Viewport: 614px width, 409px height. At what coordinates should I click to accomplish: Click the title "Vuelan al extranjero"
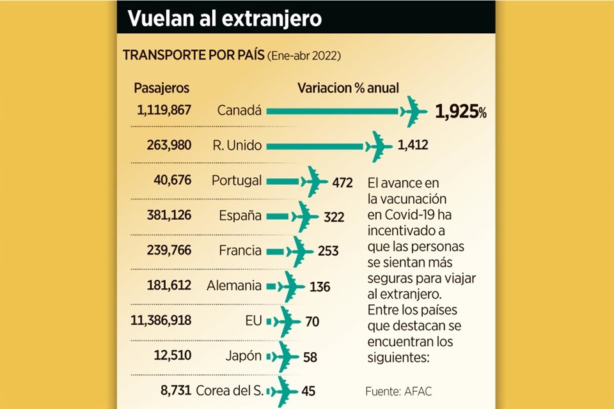pos(224,18)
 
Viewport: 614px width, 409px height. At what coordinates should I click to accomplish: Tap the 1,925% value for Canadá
pos(460,112)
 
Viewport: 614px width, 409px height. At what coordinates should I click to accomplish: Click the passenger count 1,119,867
pos(164,110)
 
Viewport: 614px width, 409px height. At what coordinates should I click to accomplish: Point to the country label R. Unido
pos(237,146)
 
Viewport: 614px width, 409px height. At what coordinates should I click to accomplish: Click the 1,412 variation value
pos(413,146)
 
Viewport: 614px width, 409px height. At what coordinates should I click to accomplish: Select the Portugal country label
pos(236,181)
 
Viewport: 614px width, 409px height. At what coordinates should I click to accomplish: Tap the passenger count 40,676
pos(171,181)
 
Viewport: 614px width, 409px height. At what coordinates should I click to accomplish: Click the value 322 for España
pos(334,217)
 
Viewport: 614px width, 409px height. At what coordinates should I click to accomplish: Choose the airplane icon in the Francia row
pos(298,251)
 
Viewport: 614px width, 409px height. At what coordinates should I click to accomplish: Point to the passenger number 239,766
pos(168,251)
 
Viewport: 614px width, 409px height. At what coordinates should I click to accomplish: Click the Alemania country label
pos(234,286)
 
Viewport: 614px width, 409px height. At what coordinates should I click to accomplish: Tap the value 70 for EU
pos(312,321)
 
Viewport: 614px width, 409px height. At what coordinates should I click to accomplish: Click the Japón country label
pos(244,356)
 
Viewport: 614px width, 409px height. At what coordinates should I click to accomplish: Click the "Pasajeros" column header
pos(161,88)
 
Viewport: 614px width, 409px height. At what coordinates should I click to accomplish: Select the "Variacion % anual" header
pos(348,88)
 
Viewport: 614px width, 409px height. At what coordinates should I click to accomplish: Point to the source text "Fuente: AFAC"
pos(398,391)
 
